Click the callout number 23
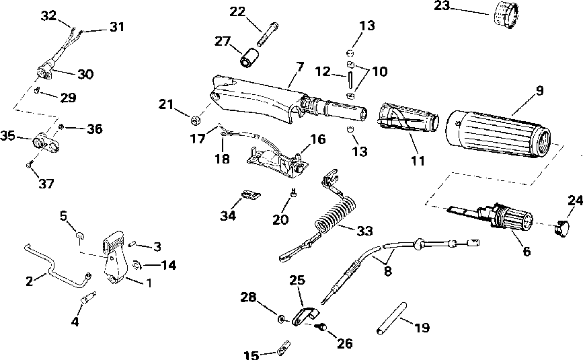click(442, 5)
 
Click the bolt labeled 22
click(268, 34)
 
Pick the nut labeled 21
click(196, 120)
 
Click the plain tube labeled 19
click(392, 318)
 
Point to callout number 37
click(46, 183)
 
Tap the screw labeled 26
click(321, 327)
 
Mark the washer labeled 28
click(282, 318)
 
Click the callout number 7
click(300, 67)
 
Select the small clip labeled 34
click(251, 194)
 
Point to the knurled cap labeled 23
click(505, 15)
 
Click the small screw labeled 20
click(293, 193)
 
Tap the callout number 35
click(7, 135)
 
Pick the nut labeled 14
click(137, 265)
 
